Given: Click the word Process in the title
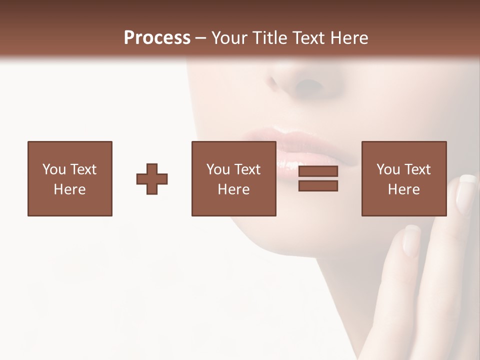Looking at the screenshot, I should coord(157,38).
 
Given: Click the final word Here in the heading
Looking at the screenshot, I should coord(348,38).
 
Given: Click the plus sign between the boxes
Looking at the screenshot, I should coord(152,179).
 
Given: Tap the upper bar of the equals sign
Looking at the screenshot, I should coord(318,171).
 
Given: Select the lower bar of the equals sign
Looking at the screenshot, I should coord(318,185).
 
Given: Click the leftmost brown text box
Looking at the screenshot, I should coord(70,178).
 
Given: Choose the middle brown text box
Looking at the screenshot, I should coord(233,178).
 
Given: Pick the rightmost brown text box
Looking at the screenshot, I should coord(404,178).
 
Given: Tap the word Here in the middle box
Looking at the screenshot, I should coord(233,189).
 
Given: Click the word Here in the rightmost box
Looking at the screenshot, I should coord(404,189).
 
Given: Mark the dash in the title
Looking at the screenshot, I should coord(201,38).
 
